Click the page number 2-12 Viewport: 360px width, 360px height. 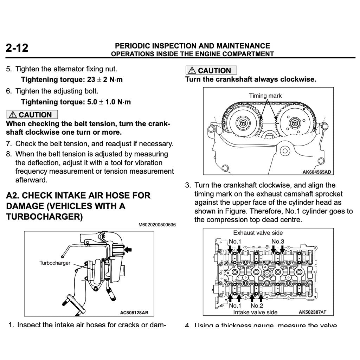coord(17,48)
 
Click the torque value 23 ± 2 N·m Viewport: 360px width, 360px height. coord(105,79)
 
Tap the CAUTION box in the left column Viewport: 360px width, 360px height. coord(32,115)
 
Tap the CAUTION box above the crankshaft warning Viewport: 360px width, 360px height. coord(211,70)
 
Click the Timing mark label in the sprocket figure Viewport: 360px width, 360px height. coord(265,96)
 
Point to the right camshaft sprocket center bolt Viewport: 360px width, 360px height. coord(295,123)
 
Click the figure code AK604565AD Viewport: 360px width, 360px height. coord(317,172)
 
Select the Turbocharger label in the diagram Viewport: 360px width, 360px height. coord(54,263)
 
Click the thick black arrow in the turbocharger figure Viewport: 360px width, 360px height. coord(129,249)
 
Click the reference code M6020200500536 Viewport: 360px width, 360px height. coord(157,225)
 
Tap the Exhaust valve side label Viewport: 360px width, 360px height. coord(258,233)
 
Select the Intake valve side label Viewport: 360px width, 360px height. coord(255,312)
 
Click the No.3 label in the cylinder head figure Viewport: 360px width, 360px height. coord(278,241)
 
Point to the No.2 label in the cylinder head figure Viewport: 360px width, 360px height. coord(257,306)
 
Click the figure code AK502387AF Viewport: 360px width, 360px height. coord(312,312)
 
